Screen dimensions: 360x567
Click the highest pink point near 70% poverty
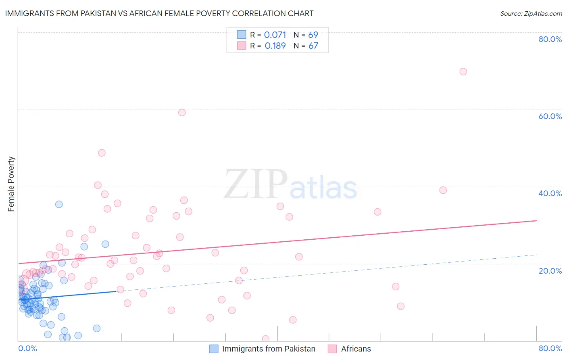pyautogui.click(x=463, y=71)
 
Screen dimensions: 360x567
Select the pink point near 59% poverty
pyautogui.click(x=182, y=113)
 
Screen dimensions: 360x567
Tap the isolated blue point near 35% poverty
pyautogui.click(x=59, y=204)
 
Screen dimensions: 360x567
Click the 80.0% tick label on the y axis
pyautogui.click(x=550, y=39)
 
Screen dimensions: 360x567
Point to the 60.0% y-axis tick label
pyautogui.click(x=550, y=116)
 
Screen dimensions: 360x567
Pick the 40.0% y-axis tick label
pyautogui.click(x=550, y=193)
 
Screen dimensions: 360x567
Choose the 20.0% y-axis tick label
pyautogui.click(x=550, y=271)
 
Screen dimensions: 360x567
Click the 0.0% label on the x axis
pyautogui.click(x=27, y=348)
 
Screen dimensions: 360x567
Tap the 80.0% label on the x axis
pyautogui.click(x=550, y=348)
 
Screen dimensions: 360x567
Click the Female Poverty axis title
pyautogui.click(x=11, y=184)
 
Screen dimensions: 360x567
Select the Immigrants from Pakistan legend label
pyautogui.click(x=269, y=349)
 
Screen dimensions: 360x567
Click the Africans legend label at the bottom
pyautogui.click(x=356, y=349)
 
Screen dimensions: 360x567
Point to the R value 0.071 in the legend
pyautogui.click(x=275, y=35)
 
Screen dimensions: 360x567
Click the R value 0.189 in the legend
pyautogui.click(x=275, y=46)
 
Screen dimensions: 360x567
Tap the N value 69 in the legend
pyautogui.click(x=313, y=35)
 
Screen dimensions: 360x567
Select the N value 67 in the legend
pyautogui.click(x=313, y=46)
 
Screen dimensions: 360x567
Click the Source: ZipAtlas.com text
pyautogui.click(x=531, y=14)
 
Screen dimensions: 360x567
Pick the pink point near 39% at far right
pyautogui.click(x=443, y=190)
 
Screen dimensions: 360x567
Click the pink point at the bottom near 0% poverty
pyautogui.click(x=265, y=339)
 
